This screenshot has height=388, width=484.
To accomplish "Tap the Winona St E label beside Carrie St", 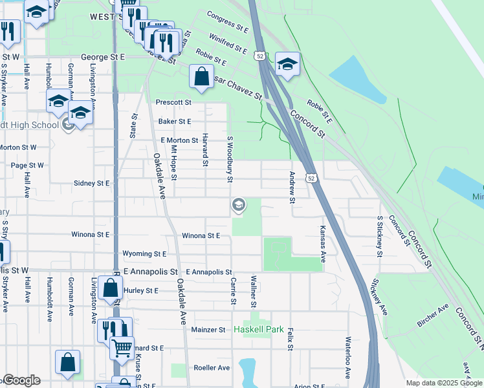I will tap(201, 236).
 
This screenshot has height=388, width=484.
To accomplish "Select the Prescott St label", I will tap(174, 102).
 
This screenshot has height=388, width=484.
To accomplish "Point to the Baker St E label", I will tap(175, 121).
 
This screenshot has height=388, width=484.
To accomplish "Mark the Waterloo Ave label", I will tap(348, 357).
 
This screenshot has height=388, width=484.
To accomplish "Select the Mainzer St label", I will tap(208, 330).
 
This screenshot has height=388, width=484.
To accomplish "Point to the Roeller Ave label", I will tap(212, 368).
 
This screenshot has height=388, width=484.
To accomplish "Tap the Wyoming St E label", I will tap(144, 254).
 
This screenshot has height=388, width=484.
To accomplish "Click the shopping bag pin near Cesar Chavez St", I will tap(202, 76).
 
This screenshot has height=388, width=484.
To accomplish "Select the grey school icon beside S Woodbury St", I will tap(238, 206).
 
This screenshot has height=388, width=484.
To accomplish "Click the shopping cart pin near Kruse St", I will tap(122, 348).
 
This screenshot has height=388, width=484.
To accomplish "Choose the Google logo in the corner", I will tap(21, 381).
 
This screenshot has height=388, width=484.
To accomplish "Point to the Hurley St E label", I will tap(140, 291).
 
